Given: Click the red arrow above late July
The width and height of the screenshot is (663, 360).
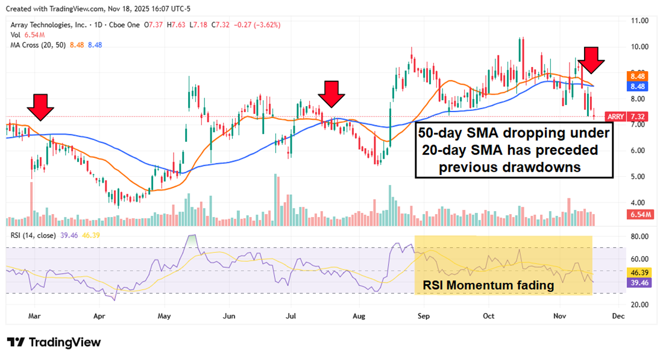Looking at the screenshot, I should click(x=331, y=94).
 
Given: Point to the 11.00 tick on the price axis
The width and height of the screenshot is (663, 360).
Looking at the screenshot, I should click(x=639, y=21).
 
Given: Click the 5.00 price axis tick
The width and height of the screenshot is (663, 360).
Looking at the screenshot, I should click(x=639, y=177).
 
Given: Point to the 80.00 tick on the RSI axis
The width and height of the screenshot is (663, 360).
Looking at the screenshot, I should click(x=639, y=236).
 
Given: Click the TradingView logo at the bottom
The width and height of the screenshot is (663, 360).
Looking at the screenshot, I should click(x=54, y=342).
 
